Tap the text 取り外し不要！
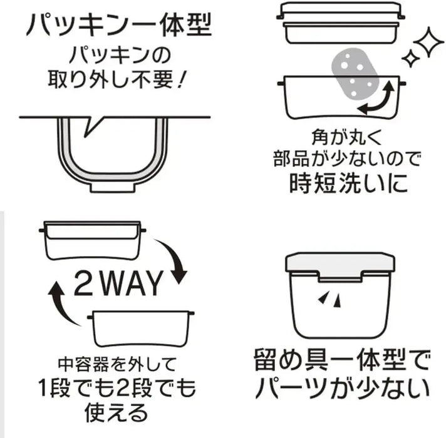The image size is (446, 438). coord(117,79)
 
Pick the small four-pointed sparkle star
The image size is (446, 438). coord(411,58)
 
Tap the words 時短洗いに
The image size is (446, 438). coord(349,183)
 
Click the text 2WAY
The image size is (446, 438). coord(118,283)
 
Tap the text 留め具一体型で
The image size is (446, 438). coord(341,361)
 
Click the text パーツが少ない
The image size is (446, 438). coord(342,389)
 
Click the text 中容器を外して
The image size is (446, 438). coord(117,364)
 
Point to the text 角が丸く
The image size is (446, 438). coord(346,137)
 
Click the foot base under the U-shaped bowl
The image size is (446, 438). coord(113,187)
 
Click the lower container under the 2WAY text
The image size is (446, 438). coord(141,328)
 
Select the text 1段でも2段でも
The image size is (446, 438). coord(117,388)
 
